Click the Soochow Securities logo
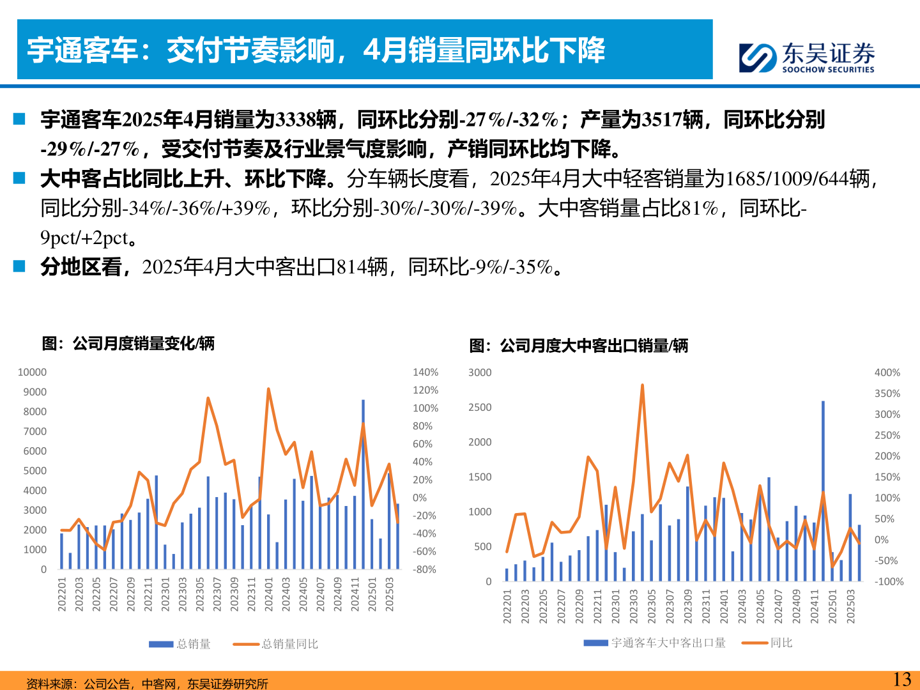[806, 57]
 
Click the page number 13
[901, 679]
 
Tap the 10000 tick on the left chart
[32, 372]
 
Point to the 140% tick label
[425, 372]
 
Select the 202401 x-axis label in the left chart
[269, 594]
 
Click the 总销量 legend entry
[180, 644]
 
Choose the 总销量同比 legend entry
[275, 644]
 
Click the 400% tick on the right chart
[887, 372]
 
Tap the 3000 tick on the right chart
[480, 372]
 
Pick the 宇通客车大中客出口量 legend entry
[654, 643]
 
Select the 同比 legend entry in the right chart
[767, 643]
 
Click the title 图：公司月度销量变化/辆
[128, 344]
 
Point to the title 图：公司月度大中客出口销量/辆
[578, 346]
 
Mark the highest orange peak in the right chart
[642, 385]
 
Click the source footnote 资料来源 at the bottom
[147, 684]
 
